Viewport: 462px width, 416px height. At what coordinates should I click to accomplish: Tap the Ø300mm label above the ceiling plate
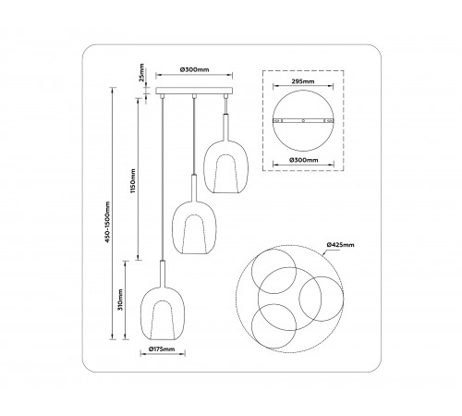click(x=193, y=71)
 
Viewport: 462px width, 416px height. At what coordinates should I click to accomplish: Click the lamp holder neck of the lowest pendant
click(x=162, y=272)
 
